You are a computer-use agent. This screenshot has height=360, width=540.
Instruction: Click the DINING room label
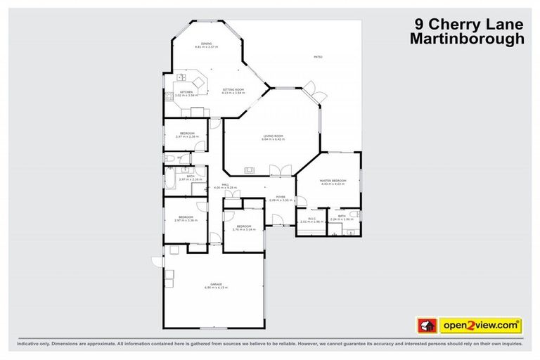pyautogui.click(x=206, y=44)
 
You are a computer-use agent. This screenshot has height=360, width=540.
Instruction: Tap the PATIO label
pyautogui.click(x=318, y=57)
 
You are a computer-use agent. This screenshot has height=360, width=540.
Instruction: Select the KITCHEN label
pyautogui.click(x=186, y=92)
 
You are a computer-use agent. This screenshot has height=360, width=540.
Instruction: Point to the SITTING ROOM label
pyautogui.click(x=233, y=90)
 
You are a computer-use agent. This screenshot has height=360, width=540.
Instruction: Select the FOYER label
pyautogui.click(x=280, y=197)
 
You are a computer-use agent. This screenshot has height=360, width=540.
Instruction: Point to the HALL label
pyautogui.click(x=226, y=184)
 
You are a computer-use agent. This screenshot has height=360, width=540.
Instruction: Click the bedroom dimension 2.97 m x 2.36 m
pyautogui.click(x=186, y=136)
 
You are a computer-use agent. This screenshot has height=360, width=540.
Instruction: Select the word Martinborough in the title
pyautogui.click(x=468, y=39)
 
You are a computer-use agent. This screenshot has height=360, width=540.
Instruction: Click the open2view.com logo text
pyautogui.click(x=480, y=326)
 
